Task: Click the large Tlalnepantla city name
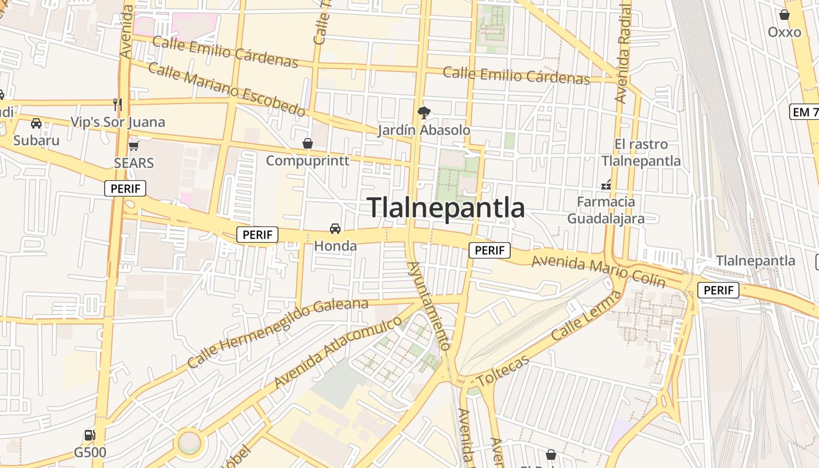(x=446, y=208)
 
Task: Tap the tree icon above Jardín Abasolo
(x=424, y=112)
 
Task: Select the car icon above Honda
(x=335, y=228)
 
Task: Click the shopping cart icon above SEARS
(x=134, y=146)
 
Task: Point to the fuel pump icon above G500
(x=90, y=435)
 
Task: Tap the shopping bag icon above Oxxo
(x=784, y=15)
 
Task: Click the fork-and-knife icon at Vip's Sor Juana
(x=118, y=105)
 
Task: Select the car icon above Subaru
(x=36, y=123)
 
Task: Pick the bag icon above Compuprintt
(x=307, y=143)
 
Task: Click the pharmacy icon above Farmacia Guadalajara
(x=606, y=185)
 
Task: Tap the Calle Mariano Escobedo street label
(x=226, y=89)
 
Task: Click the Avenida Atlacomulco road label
(x=338, y=352)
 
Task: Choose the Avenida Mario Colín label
(x=598, y=270)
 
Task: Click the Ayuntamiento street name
(x=429, y=305)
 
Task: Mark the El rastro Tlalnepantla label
(x=641, y=152)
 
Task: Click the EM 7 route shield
(x=804, y=112)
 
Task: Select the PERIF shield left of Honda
(x=257, y=235)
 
